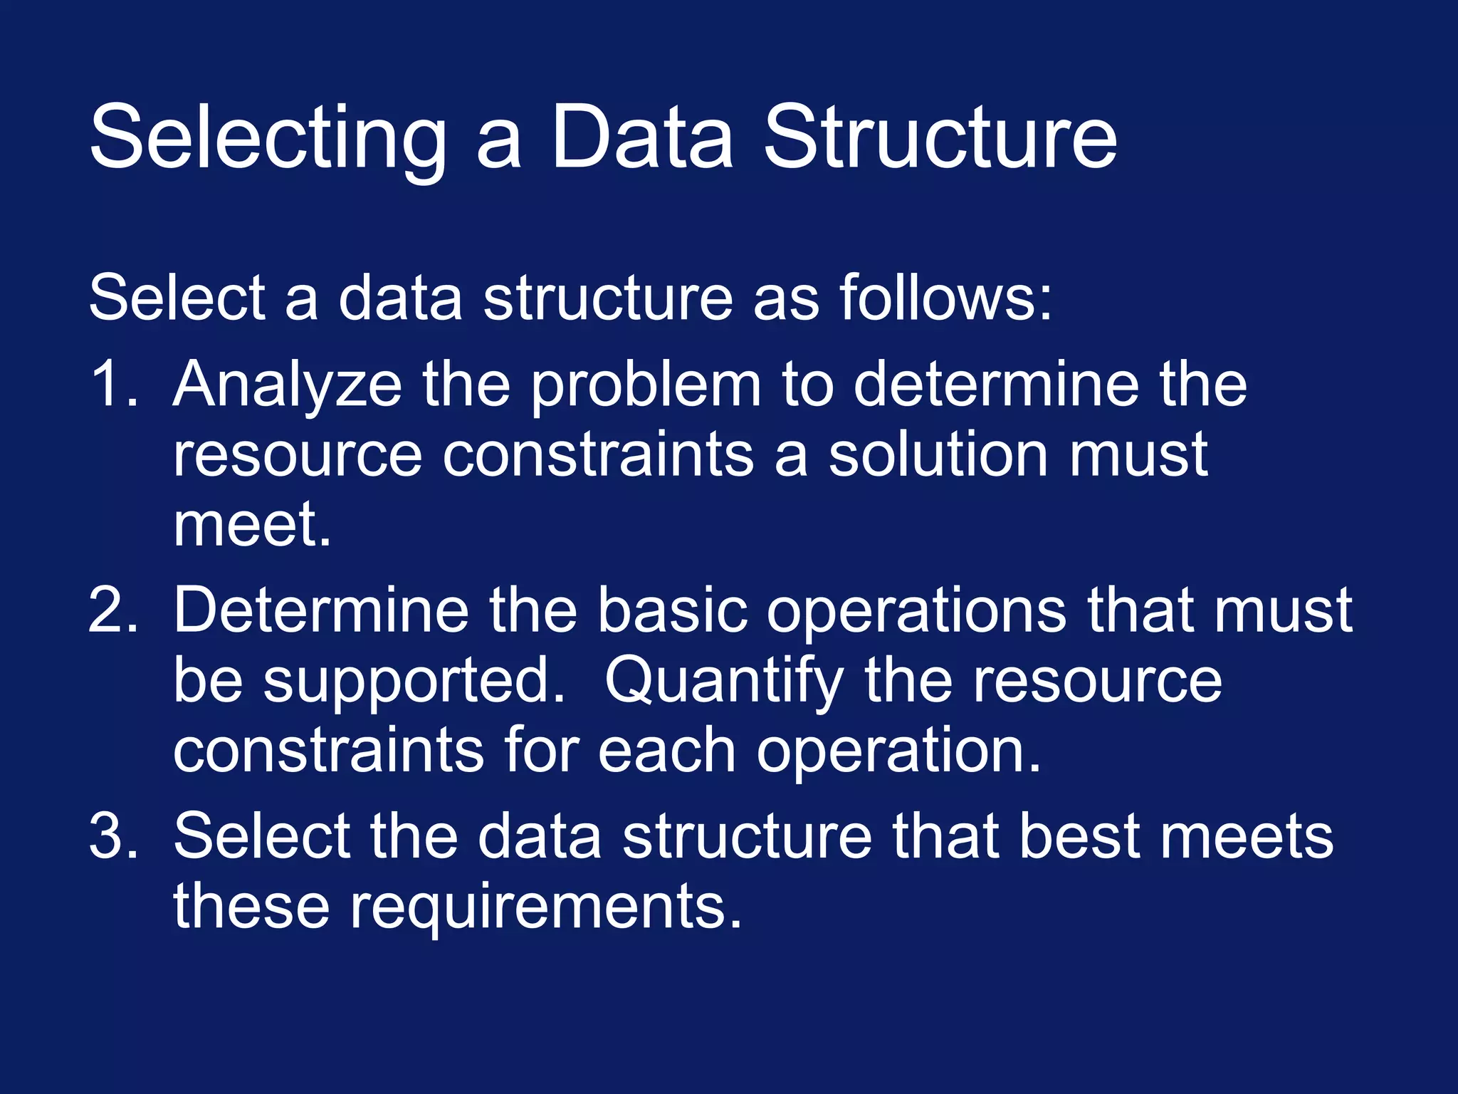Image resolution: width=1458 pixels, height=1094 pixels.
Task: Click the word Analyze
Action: click(288, 385)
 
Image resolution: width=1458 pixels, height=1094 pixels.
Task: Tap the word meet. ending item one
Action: click(253, 524)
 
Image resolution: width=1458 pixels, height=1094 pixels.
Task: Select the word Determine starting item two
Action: click(320, 610)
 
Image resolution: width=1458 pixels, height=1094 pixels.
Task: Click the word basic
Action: click(672, 610)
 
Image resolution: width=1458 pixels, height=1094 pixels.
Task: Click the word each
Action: click(666, 751)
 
